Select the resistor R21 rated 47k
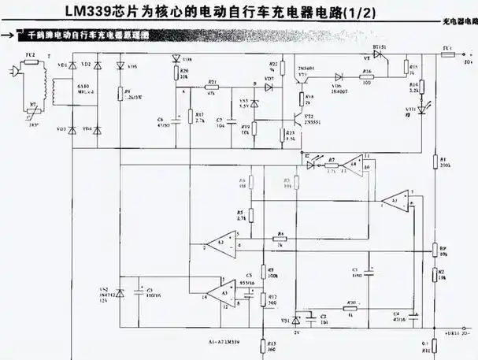212,88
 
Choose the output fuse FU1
446,57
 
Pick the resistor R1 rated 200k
435,164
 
